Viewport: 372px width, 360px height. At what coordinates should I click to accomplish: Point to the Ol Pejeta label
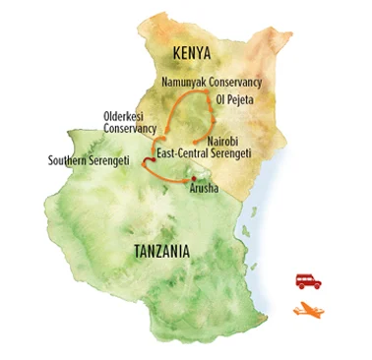[233, 99]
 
